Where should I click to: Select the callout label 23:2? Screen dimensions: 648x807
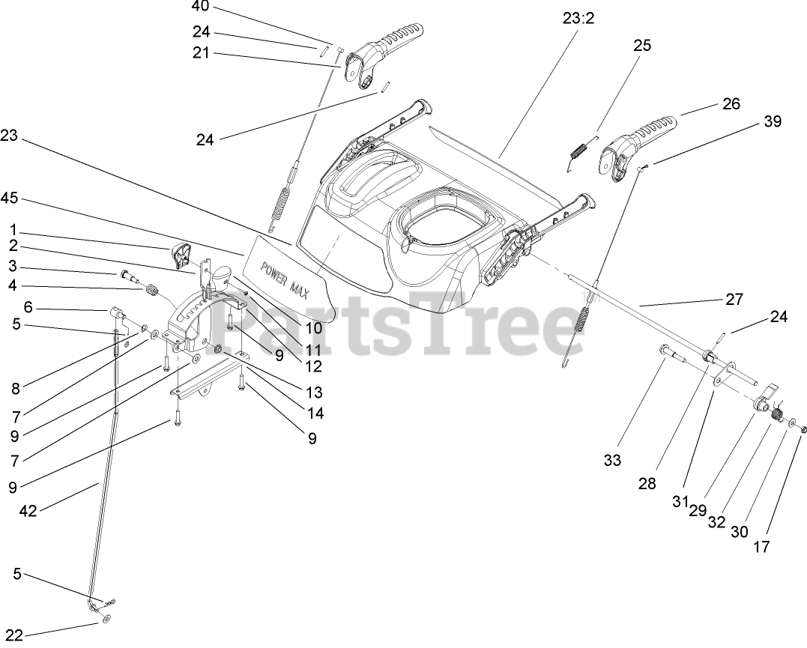[578, 19]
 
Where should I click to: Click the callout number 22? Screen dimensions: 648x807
[13, 636]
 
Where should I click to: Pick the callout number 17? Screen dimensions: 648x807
[761, 548]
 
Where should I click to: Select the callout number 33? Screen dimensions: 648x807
[612, 461]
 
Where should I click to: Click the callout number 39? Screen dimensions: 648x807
[771, 121]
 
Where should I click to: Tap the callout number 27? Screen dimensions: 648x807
[734, 300]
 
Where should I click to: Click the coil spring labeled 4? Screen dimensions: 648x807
[153, 288]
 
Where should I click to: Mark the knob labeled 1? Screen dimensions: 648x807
[181, 256]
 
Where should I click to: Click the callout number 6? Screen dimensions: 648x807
[28, 307]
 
